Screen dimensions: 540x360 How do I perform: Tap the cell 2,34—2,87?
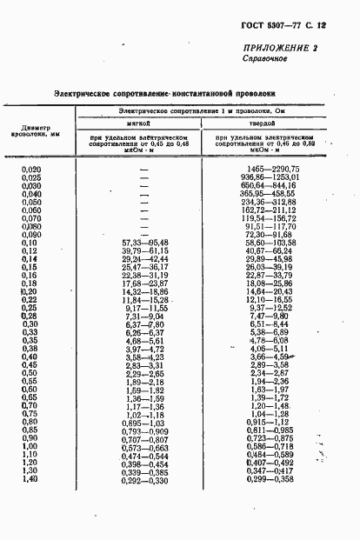click(268, 373)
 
